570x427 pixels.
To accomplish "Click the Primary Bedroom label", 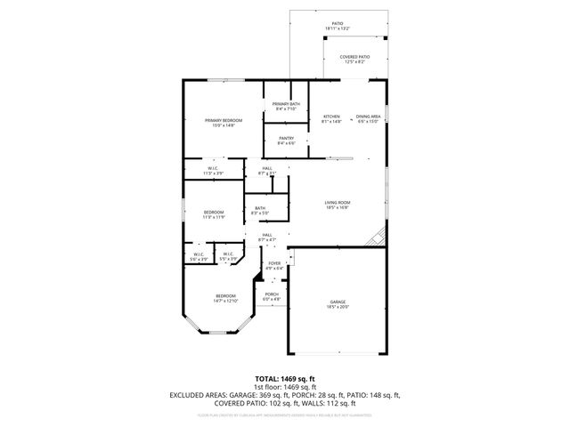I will click(224, 123).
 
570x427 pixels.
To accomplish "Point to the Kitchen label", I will click(331, 119).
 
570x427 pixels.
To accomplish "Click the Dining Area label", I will click(368, 119).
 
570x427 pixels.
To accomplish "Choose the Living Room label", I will click(337, 205).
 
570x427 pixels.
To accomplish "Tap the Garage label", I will click(337, 304).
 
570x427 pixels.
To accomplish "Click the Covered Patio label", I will click(354, 59).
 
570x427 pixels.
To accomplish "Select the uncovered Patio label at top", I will click(338, 26).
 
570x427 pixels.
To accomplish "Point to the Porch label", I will click(272, 296).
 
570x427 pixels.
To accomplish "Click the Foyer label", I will click(274, 265).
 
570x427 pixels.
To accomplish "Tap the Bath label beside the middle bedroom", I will click(259, 211).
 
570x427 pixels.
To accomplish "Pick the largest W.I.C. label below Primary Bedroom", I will click(214, 170).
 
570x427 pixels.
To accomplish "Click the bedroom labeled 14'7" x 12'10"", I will click(225, 298).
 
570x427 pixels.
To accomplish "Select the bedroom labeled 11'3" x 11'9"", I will click(214, 213).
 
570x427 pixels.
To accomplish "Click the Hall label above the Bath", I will click(267, 170).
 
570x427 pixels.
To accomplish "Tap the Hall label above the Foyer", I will click(267, 238).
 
